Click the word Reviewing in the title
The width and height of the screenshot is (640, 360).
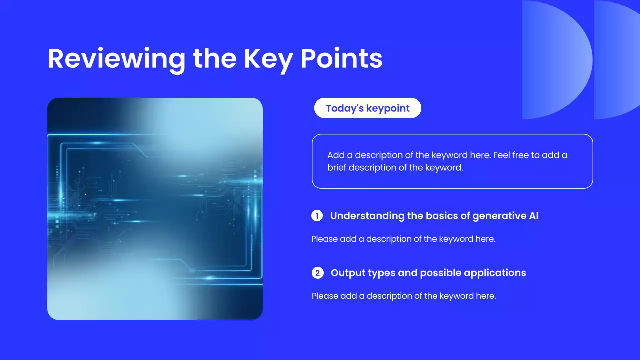[117, 59]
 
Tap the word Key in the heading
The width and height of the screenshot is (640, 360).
[268, 59]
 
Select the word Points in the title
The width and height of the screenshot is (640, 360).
[341, 58]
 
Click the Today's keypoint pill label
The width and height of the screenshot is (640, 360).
[367, 108]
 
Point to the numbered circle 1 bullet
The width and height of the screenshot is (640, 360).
[317, 216]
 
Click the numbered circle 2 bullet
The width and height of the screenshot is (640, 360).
[317, 273]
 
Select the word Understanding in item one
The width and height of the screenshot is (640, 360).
[367, 216]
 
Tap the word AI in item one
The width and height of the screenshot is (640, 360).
[533, 216]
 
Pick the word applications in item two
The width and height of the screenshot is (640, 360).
[495, 273]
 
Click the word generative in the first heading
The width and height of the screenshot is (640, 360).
[499, 216]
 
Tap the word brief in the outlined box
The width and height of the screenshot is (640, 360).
[337, 167]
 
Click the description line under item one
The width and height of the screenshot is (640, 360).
[403, 239]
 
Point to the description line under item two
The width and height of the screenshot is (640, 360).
[404, 296]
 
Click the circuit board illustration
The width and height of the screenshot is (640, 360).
[155, 209]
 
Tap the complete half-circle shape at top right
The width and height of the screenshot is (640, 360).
[557, 60]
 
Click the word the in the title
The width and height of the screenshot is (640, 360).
[215, 59]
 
